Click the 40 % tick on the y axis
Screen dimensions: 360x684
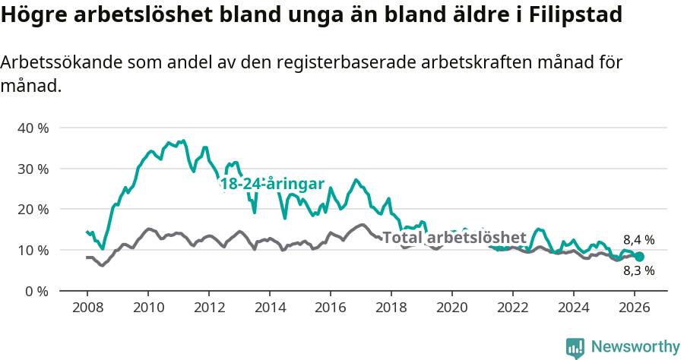click(x=33, y=128)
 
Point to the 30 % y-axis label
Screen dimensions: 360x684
click(x=33, y=169)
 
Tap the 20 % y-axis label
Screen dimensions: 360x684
click(x=33, y=209)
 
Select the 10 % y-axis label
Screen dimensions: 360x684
click(x=33, y=250)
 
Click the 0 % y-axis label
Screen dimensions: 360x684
click(x=36, y=291)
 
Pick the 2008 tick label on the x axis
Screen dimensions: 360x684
click(x=87, y=308)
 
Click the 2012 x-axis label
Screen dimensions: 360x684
click(x=208, y=308)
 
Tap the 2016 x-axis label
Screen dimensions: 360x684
click(x=330, y=308)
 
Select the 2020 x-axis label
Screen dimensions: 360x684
click(x=451, y=308)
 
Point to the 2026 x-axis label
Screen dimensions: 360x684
click(x=635, y=308)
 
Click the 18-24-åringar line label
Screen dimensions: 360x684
click(x=271, y=184)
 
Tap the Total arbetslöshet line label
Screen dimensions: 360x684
click(x=454, y=237)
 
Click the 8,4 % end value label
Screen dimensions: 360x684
click(x=638, y=240)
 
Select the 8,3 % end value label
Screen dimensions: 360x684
click(x=638, y=270)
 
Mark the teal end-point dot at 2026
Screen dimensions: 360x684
click(x=639, y=257)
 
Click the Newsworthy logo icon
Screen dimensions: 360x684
click(x=575, y=348)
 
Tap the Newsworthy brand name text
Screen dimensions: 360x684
click(x=635, y=347)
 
